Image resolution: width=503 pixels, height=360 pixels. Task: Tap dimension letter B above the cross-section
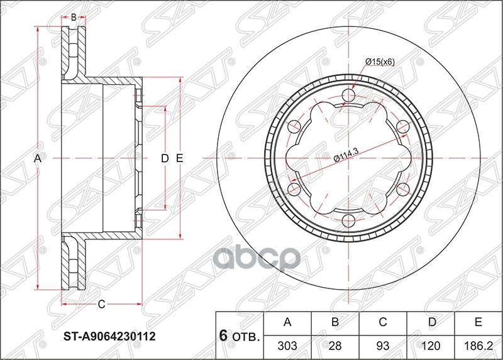[x=74, y=17]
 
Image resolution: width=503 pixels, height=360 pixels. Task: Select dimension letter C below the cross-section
[x=101, y=305]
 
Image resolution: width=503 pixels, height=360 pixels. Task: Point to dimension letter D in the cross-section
[x=165, y=158]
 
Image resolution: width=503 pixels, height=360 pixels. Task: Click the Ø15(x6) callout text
[x=379, y=62]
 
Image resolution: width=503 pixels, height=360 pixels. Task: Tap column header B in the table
[x=335, y=323]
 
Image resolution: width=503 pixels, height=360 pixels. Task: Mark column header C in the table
[x=382, y=323]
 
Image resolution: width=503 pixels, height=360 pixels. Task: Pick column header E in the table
[x=478, y=323]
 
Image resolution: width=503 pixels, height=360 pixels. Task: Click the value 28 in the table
[x=335, y=345]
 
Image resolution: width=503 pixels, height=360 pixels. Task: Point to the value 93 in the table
[x=382, y=345]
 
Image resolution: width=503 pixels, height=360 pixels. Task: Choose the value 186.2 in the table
[x=478, y=345]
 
